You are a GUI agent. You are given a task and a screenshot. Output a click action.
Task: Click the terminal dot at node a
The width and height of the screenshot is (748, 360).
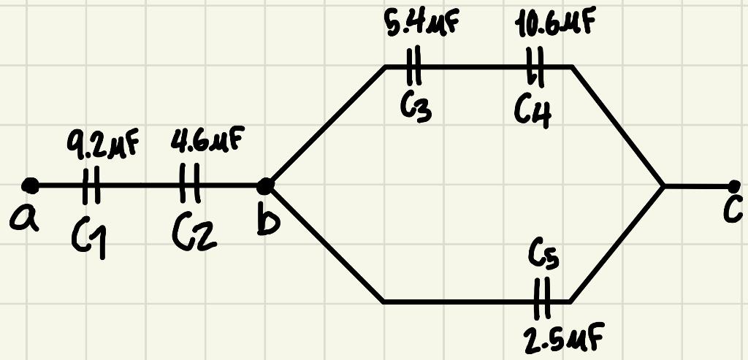point(30,185)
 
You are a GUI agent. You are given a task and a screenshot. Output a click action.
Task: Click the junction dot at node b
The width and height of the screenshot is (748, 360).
point(267,185)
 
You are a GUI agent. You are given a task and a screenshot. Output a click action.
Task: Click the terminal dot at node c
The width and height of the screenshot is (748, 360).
point(733,185)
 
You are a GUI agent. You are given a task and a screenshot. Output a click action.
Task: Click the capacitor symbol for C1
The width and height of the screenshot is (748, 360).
point(90,185)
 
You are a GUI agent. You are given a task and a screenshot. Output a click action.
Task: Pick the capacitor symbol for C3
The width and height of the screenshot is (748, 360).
point(414,66)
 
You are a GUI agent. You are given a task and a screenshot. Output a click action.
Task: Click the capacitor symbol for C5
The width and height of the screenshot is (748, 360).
point(541,300)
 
